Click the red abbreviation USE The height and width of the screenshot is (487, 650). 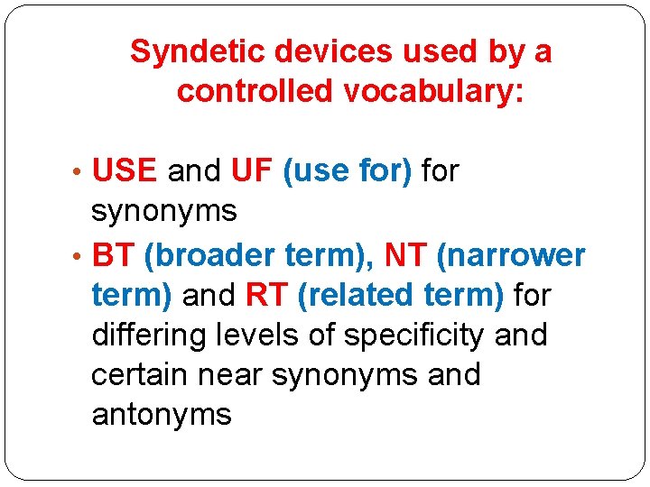[125, 170]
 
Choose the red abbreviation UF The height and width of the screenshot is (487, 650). [252, 170]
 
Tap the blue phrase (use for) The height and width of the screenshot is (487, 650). [348, 170]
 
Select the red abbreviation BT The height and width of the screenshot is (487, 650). [113, 255]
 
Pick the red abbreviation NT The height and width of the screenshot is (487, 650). [405, 255]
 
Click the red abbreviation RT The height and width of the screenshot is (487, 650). [265, 295]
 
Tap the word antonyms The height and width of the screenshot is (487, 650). [162, 415]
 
